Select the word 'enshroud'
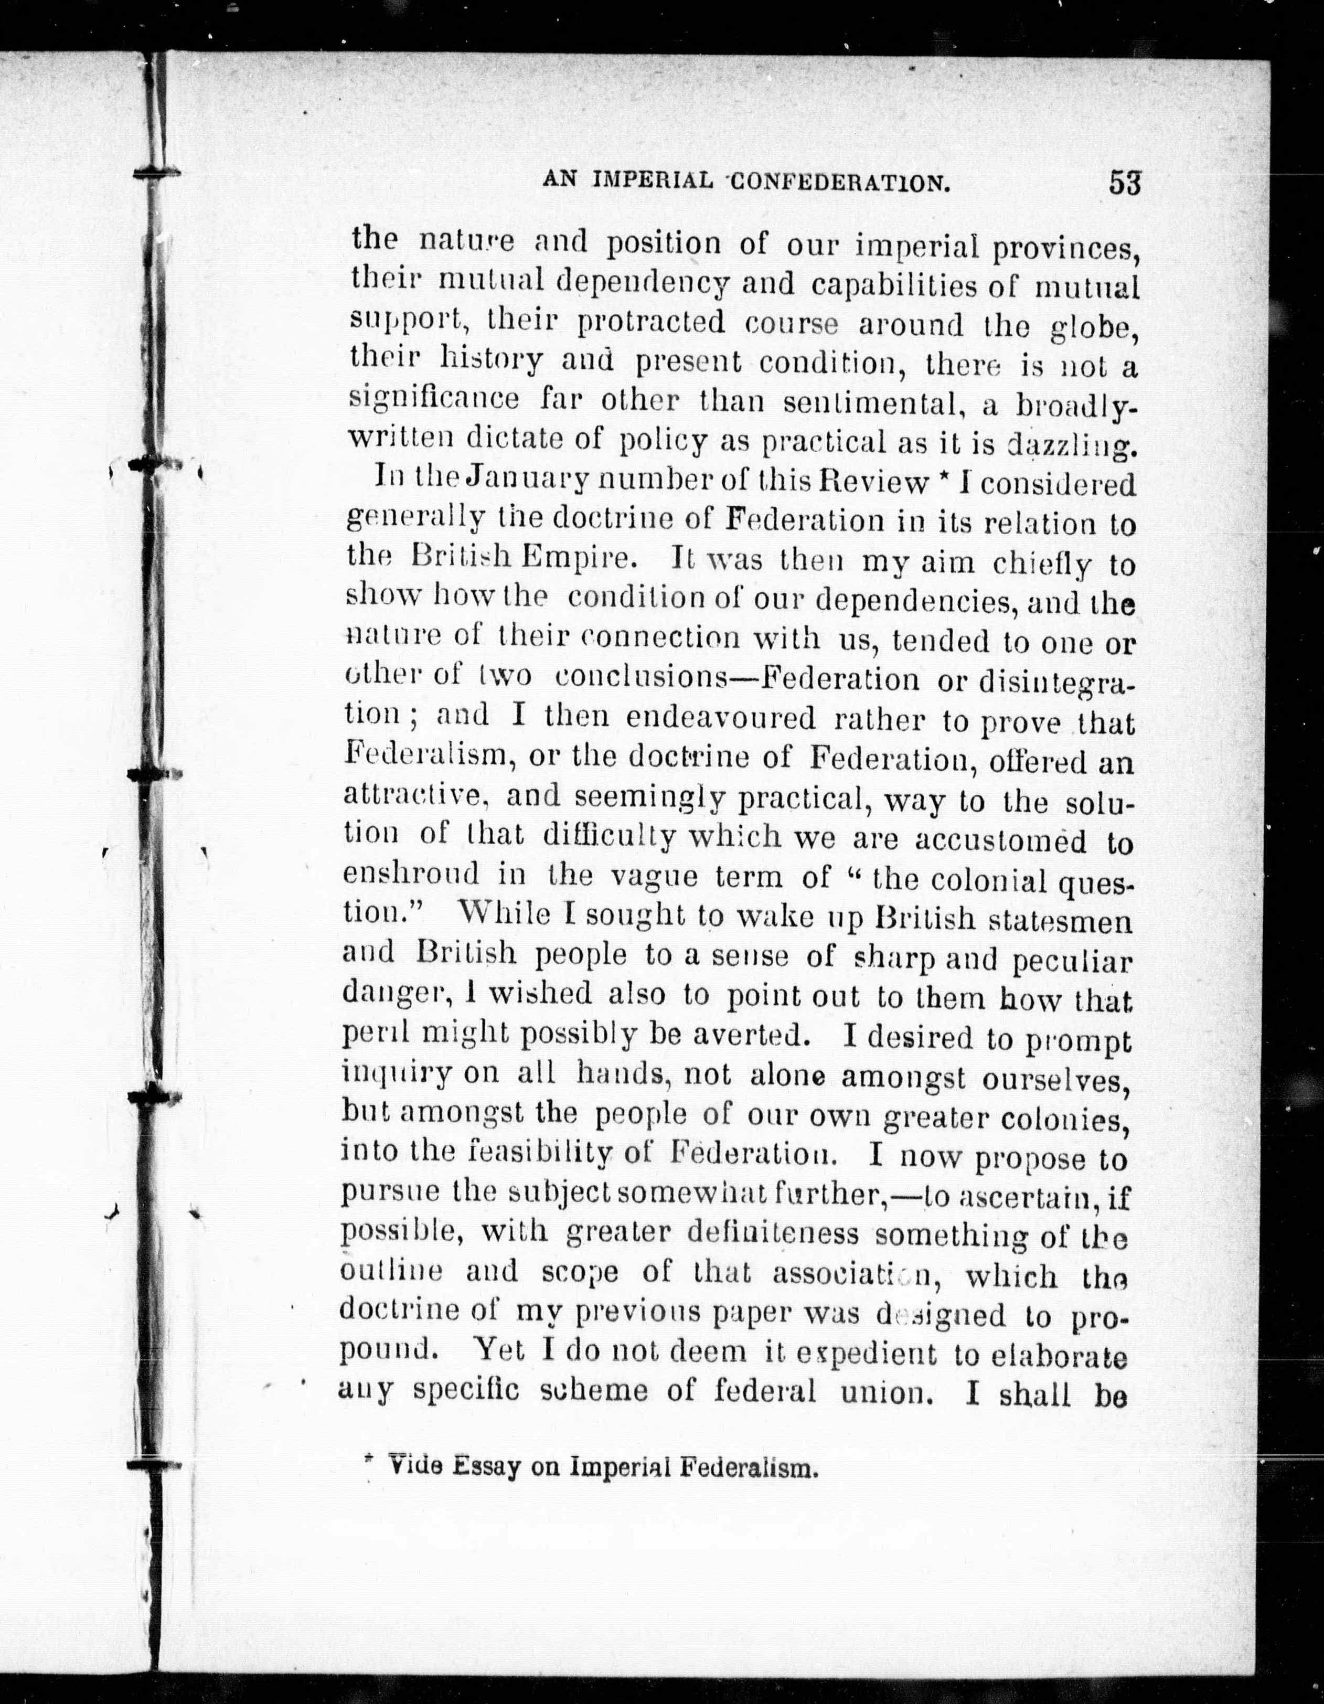411,874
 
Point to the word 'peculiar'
1072,961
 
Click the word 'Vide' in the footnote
415,1467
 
